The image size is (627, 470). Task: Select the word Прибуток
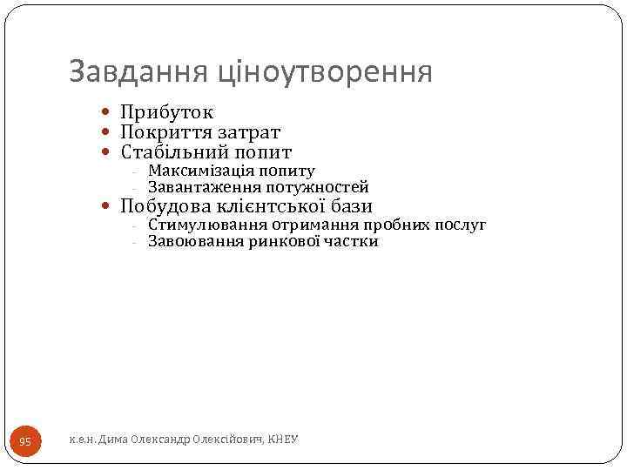click(x=167, y=112)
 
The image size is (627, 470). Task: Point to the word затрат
click(x=252, y=132)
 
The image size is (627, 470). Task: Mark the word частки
click(x=353, y=242)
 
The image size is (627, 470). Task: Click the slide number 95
click(x=25, y=442)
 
